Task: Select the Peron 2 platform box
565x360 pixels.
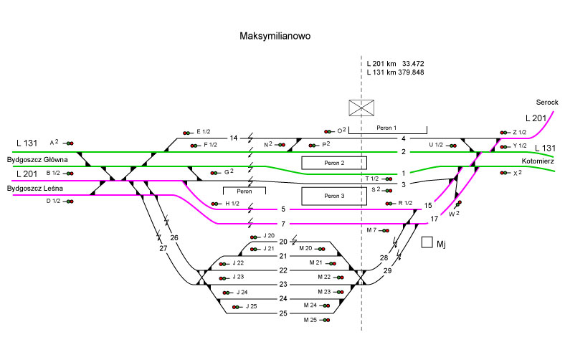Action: [x=333, y=163]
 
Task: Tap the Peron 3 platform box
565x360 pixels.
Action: [x=333, y=196]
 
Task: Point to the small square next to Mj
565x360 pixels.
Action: [x=427, y=242]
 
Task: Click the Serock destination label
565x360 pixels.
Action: [x=546, y=103]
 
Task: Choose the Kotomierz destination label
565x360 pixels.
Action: [x=538, y=161]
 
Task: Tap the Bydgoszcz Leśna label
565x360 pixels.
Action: [x=34, y=188]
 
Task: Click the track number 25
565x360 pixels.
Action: [x=282, y=313]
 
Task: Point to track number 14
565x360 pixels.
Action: [x=233, y=138]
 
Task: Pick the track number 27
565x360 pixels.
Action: [x=163, y=248]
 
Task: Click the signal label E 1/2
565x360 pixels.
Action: [x=203, y=131]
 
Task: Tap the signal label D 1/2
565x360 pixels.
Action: [x=53, y=201]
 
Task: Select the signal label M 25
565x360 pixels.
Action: [x=310, y=319]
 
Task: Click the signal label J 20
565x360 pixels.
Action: [x=269, y=235]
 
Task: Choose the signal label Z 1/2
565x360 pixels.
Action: [x=520, y=132]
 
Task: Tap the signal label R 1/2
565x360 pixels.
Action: [x=404, y=203]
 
